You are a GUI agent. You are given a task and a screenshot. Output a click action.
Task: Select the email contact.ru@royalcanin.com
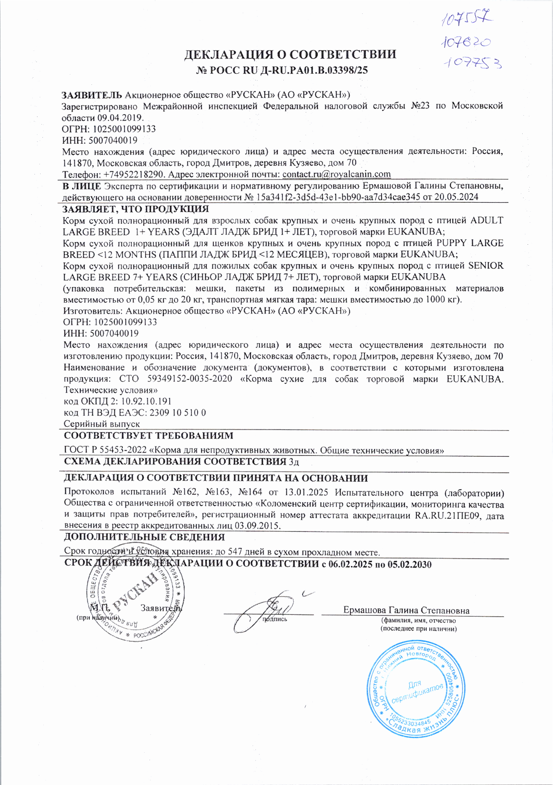pyautogui.click(x=337, y=174)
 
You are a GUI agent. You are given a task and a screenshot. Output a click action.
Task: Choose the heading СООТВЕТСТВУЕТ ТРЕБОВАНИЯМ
pyautogui.click(x=149, y=435)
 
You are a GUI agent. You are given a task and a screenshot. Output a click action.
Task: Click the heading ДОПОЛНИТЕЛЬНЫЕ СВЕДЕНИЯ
pyautogui.click(x=144, y=537)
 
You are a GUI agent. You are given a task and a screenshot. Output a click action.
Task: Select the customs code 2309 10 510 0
pyautogui.click(x=178, y=413)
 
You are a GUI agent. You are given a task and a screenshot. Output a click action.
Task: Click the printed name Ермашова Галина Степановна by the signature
pyautogui.click(x=406, y=610)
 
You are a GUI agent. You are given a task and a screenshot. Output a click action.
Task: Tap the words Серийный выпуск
pyautogui.click(x=102, y=424)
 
